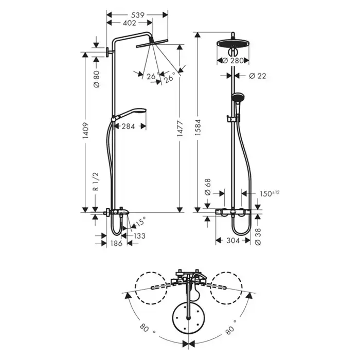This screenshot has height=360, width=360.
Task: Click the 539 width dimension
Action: [138, 15]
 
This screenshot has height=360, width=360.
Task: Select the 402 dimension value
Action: [130, 23]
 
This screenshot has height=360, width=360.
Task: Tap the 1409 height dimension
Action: [85, 131]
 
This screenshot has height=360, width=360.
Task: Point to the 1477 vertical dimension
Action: [180, 129]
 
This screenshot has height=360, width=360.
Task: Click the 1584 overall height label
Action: [198, 127]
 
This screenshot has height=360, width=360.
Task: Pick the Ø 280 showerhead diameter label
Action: [233, 61]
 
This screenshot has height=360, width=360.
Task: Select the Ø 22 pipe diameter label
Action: [258, 76]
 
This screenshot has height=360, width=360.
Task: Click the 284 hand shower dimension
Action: [128, 126]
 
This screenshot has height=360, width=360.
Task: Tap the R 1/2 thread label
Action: [96, 182]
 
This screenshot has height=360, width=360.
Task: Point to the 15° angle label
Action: [140, 221]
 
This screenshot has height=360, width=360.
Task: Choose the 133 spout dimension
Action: [139, 236]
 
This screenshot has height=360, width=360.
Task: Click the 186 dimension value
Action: [116, 243]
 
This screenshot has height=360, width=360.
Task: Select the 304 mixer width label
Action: [233, 240]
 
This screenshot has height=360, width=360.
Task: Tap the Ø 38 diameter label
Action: [258, 237]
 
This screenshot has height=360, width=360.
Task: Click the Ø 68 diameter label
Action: [208, 187]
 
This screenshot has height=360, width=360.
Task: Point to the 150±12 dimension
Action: [269, 193]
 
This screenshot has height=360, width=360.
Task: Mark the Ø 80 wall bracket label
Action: [97, 79]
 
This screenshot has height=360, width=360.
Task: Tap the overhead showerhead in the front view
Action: [233, 43]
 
